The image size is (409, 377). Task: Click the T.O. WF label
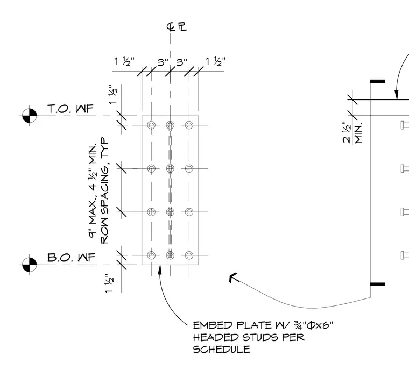pos(70,109)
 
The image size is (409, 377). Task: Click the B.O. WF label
pos(72,258)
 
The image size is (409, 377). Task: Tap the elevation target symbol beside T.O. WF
pos(29,116)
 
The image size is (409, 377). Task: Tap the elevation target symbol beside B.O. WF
pos(29,265)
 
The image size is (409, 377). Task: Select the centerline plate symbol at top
pos(177,26)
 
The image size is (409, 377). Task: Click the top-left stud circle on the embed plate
pos(151,125)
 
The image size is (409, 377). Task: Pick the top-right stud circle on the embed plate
pos(189,125)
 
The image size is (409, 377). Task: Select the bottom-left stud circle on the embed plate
pos(151,255)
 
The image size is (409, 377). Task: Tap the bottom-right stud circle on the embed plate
pos(189,255)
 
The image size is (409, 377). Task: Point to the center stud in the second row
pos(171,168)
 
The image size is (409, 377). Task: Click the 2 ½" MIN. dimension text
pos(352,132)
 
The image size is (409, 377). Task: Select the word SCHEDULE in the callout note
pos(222,349)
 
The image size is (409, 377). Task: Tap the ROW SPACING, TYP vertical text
pos(104,190)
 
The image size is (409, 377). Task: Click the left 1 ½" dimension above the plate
pos(124,61)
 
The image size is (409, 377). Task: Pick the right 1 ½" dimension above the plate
pos(215,61)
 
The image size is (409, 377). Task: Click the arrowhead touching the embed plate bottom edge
pos(160,269)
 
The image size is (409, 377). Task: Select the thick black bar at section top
pos(378,81)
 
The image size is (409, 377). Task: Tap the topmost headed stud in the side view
pos(405,125)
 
